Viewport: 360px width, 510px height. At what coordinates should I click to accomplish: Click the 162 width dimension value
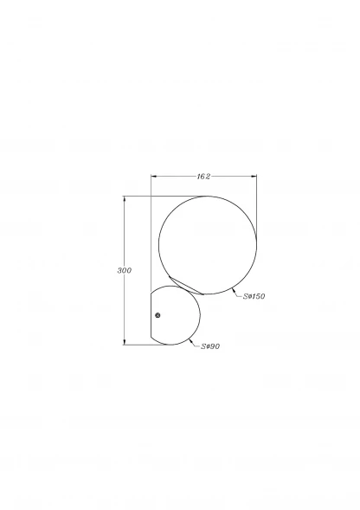203,177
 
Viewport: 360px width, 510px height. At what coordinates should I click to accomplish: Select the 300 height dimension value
125,270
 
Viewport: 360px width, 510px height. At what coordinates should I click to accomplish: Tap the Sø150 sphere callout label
254,296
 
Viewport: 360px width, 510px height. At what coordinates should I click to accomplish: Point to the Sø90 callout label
210,346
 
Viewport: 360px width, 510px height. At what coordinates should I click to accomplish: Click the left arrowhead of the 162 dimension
154,177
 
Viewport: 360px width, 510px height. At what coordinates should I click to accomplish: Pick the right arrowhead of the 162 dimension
254,177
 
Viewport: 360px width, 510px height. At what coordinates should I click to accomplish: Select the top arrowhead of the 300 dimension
125,199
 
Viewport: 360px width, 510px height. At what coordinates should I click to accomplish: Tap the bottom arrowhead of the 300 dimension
125,341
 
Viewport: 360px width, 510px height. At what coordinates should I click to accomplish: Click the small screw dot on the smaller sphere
157,315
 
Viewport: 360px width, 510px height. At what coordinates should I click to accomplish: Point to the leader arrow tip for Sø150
232,288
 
